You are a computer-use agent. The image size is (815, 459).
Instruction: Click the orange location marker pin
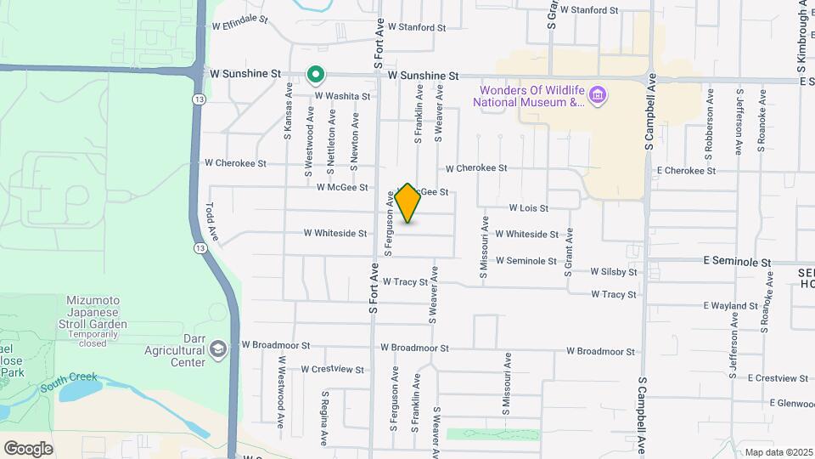coord(407,203)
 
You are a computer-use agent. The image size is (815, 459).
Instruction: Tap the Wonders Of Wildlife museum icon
coord(598,93)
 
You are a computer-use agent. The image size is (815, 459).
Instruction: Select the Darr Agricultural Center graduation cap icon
coord(219,349)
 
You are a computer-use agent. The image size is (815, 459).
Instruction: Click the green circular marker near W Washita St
coord(315,76)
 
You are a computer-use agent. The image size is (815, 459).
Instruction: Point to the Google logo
coord(28,449)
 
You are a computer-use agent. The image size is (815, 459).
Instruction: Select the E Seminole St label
coord(736,263)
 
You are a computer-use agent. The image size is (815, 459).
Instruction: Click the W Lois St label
coord(528,207)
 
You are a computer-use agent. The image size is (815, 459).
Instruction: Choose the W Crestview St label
coord(332,370)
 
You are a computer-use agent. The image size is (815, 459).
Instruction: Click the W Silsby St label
coord(614,272)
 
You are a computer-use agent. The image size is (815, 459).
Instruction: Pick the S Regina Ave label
coord(323,417)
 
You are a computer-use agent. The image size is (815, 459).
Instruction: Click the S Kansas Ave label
coord(289,110)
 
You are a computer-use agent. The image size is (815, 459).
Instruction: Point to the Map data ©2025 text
coord(778,452)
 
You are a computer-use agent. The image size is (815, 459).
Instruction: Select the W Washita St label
coord(342,97)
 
